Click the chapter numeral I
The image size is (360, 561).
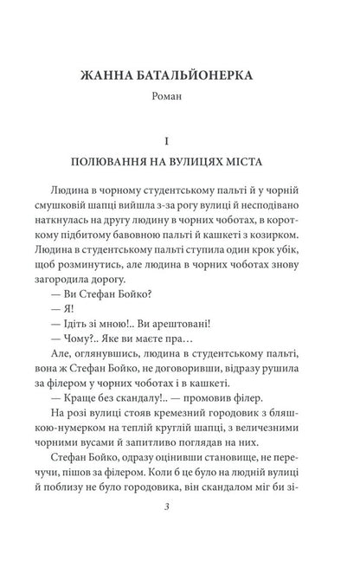[180, 139]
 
